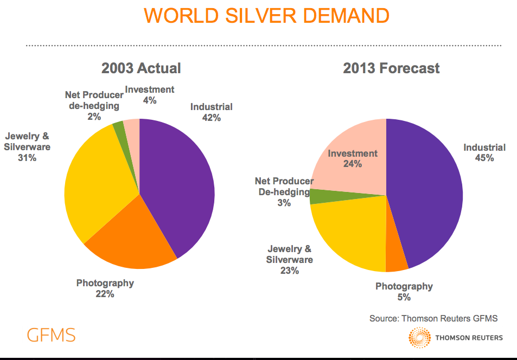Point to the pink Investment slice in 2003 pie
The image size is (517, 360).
(132, 127)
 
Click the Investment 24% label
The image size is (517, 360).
(353, 158)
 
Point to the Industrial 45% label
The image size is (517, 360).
(484, 152)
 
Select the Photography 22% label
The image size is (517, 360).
(105, 288)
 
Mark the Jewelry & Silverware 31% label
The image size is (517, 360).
(28, 147)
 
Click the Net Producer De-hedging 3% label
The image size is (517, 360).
(284, 192)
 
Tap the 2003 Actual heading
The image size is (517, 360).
(141, 68)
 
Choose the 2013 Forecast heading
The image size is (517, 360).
(391, 68)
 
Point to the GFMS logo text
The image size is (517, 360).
(51, 335)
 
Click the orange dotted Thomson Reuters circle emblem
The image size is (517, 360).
(419, 338)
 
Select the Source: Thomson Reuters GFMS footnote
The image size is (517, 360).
(433, 318)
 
